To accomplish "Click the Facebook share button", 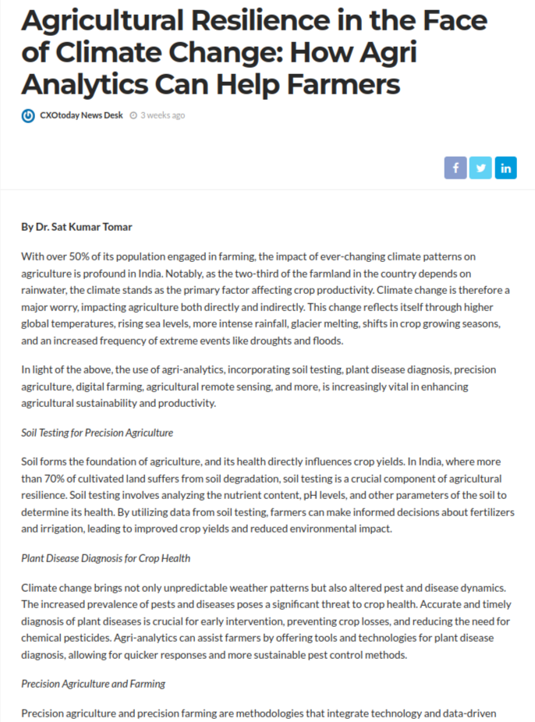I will click(x=455, y=168).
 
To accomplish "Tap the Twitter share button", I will click(x=481, y=168).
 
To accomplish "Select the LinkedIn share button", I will click(x=506, y=168).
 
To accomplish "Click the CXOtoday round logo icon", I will click(x=28, y=115).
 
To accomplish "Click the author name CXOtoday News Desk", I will click(x=81, y=115).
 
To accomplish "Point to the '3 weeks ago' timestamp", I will click(x=162, y=115).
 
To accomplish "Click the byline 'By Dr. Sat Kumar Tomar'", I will click(x=76, y=227).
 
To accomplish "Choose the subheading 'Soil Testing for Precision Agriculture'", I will click(x=97, y=432).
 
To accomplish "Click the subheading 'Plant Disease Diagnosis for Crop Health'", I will click(x=105, y=558).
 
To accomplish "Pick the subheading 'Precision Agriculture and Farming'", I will click(x=93, y=684).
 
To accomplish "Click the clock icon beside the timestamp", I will click(x=133, y=115).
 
